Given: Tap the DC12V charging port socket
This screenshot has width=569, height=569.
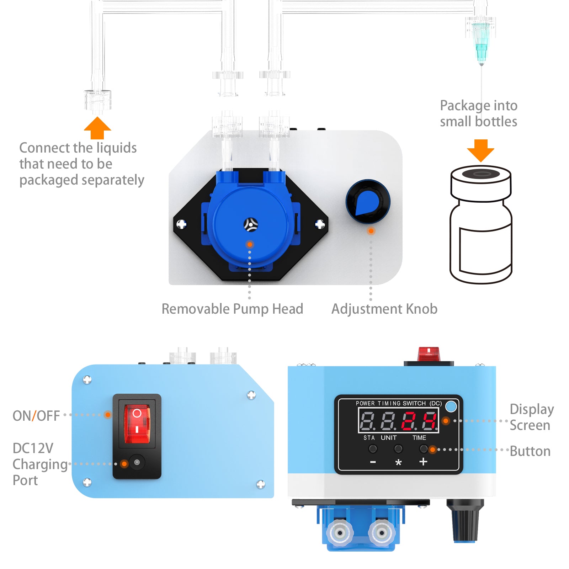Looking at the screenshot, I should tap(137, 463).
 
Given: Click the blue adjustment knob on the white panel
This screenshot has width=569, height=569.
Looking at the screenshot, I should tap(368, 202).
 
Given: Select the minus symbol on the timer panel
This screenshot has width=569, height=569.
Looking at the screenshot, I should tap(373, 462).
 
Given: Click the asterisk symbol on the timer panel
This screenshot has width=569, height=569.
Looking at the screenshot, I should tap(398, 462).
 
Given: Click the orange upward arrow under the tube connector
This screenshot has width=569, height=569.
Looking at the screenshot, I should tap(97, 128).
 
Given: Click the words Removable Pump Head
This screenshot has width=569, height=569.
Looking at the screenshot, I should tap(232, 309).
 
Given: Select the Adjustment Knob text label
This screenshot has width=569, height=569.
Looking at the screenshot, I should tap(384, 309).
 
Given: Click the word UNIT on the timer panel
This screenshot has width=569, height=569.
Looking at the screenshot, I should tap(388, 438).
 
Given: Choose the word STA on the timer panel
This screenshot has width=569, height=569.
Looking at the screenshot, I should tap(369, 438).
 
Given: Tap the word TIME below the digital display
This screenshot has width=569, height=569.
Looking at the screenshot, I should tap(419, 438).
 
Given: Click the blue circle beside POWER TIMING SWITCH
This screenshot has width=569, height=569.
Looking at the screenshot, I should tap(451, 406).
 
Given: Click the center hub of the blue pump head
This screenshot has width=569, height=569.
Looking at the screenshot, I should tap(251, 224).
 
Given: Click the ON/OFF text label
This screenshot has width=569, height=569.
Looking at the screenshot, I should tap(36, 416).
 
